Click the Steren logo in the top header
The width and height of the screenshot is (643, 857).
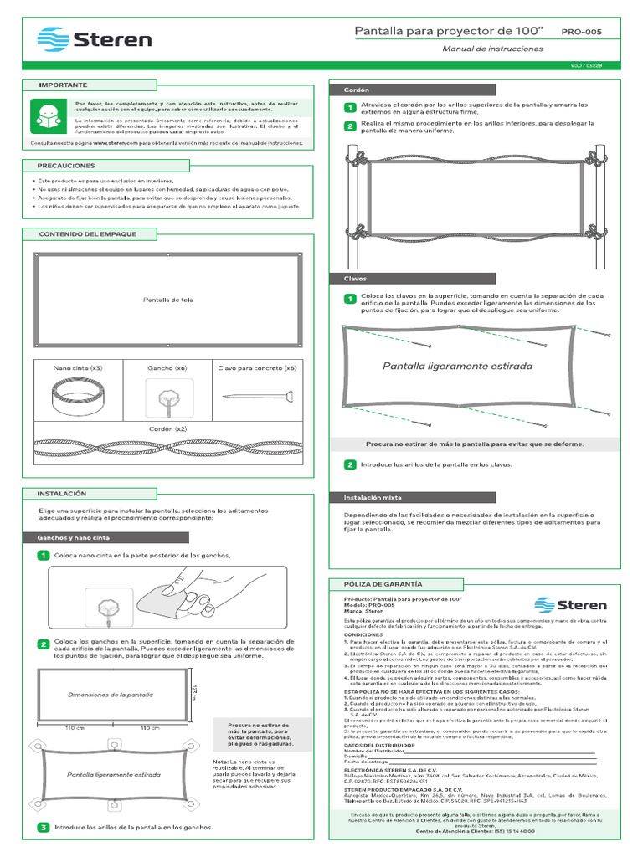[x=95, y=39]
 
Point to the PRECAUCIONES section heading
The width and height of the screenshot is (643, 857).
[x=66, y=166]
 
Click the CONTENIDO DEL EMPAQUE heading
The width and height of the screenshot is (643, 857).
[x=87, y=234]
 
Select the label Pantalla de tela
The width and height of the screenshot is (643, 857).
[x=168, y=300]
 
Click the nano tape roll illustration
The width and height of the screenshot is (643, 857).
[x=78, y=396]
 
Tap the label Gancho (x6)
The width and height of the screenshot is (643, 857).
[x=167, y=368]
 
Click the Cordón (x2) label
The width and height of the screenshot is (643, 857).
[x=167, y=428]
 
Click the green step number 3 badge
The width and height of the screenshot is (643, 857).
[x=43, y=828]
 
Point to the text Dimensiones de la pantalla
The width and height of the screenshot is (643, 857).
[x=110, y=695]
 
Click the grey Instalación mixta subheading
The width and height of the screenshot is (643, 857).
[x=373, y=497]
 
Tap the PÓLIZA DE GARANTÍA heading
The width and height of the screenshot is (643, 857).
[x=378, y=583]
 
